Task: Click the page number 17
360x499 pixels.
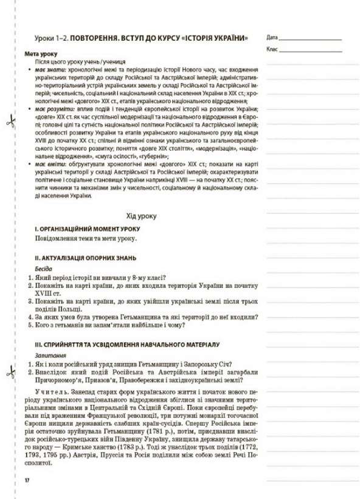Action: pyautogui.click(x=27, y=481)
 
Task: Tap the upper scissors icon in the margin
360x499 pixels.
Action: pyautogui.click(x=9, y=122)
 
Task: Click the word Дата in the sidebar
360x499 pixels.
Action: pyautogui.click(x=272, y=37)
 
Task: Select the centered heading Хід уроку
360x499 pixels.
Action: pyautogui.click(x=141, y=216)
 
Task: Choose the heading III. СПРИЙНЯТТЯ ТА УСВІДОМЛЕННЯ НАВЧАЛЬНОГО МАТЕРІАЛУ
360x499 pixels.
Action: pyautogui.click(x=122, y=343)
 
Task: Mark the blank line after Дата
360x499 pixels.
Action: pyautogui.click(x=310, y=38)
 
